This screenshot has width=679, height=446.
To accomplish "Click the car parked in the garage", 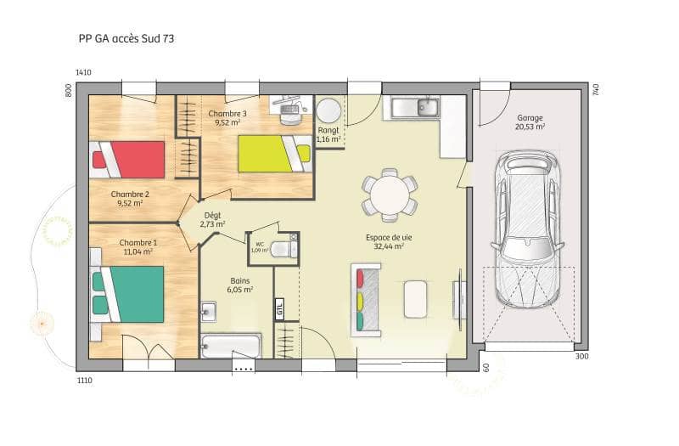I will [x=527, y=229].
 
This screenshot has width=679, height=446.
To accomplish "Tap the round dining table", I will [x=390, y=195].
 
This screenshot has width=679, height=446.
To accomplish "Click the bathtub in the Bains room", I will [x=231, y=347].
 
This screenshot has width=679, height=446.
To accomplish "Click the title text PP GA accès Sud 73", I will [x=126, y=38].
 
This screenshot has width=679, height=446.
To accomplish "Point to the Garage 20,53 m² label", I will [x=530, y=122].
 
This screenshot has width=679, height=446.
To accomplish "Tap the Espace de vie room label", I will [x=388, y=241].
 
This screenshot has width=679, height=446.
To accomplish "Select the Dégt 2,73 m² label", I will [x=211, y=221].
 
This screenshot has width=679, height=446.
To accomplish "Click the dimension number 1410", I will [x=83, y=73].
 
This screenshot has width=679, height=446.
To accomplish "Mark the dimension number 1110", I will [x=83, y=381].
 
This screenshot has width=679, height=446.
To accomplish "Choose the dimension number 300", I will [x=581, y=358].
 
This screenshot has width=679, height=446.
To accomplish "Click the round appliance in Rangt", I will [x=328, y=111].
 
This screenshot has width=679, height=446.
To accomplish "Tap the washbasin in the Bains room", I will [x=208, y=313].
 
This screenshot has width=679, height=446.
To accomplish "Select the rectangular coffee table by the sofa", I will [x=416, y=299].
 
